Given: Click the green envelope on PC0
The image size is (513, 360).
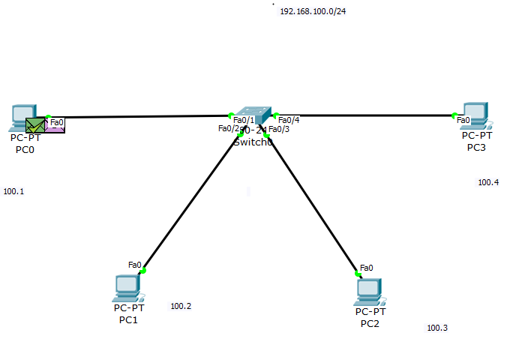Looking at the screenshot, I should coord(34,125).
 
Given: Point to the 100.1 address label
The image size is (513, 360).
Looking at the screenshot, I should coord(13,191).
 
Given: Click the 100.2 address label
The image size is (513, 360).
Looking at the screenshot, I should coord(181,306).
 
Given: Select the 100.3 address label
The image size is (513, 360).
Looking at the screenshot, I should coord(437,328).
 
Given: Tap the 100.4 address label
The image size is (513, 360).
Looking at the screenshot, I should coord(488,182).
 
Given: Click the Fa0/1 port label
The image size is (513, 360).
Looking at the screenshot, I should coord(244,120).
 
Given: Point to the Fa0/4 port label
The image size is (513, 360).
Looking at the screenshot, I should coord(289,120).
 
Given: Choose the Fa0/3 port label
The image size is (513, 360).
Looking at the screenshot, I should coord(279,129).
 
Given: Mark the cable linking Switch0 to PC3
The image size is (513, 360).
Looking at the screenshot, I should coord(367,115).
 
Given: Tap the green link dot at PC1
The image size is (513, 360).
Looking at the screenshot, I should coord(143,271).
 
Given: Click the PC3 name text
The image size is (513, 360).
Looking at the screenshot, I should coord(475,147).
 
